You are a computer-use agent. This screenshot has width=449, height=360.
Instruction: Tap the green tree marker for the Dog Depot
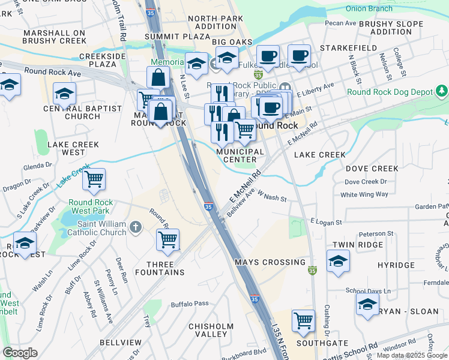tap(442, 91)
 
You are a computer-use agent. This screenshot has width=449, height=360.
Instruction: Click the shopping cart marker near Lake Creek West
tap(94, 179)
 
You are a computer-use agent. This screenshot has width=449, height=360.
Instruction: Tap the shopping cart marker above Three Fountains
tap(167, 239)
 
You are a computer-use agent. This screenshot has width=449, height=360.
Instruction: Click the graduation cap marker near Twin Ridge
tap(339, 260)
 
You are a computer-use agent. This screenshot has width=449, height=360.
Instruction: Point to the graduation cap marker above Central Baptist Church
tap(64, 93)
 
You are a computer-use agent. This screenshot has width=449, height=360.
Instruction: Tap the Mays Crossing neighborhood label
tap(261, 262)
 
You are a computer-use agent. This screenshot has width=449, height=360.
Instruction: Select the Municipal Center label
tap(240, 155)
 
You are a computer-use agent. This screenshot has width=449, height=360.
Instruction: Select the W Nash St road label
tap(272, 196)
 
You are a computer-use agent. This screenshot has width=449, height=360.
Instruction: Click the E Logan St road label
tap(325, 222)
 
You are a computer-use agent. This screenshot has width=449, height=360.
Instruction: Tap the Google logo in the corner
tap(20, 353)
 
